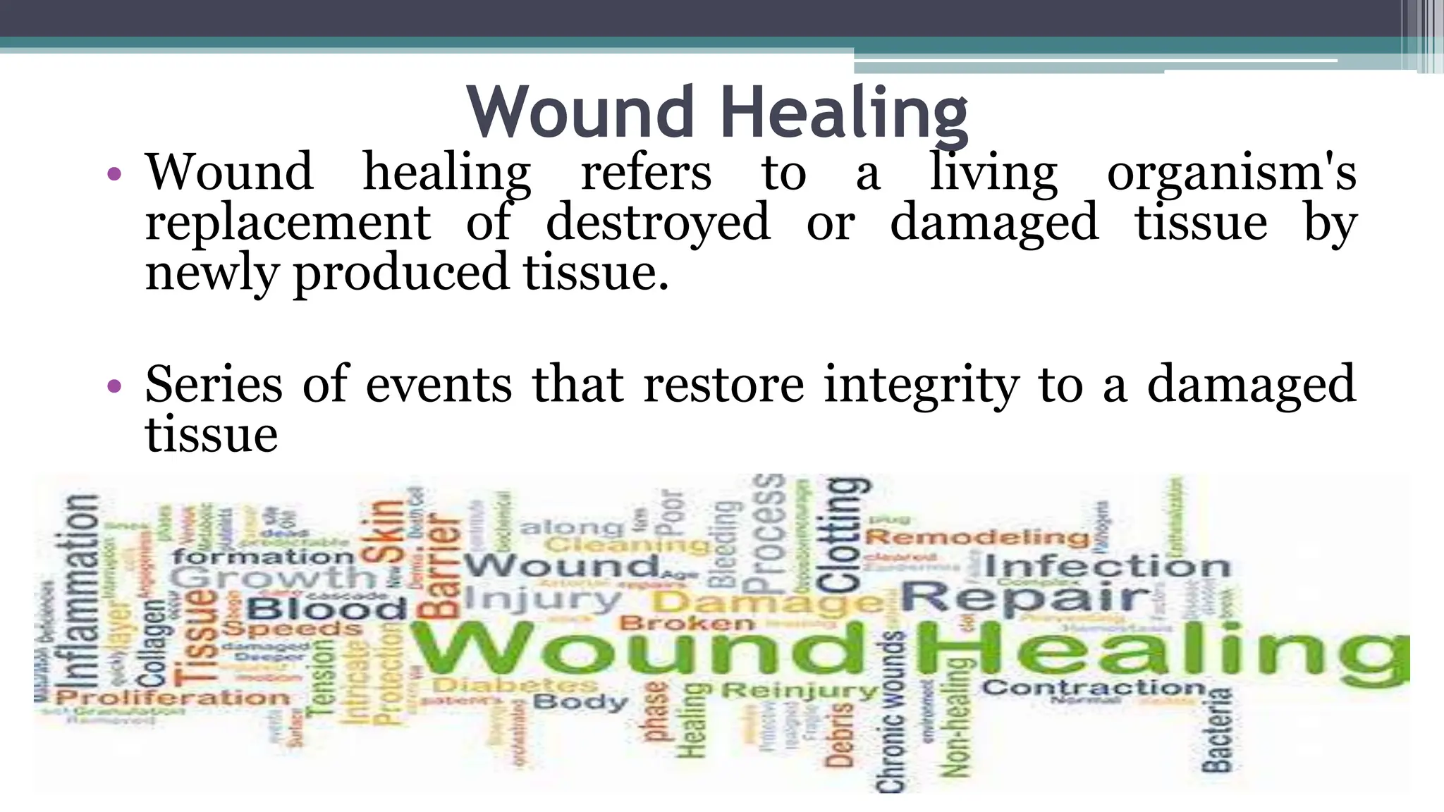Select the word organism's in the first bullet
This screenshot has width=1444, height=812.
(1231, 173)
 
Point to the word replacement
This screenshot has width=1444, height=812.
(288, 223)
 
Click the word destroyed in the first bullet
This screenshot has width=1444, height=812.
(658, 223)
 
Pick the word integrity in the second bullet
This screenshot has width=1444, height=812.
(922, 386)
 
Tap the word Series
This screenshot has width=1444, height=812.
(214, 386)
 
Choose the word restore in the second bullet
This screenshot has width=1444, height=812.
(723, 386)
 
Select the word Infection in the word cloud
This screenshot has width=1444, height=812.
(1107, 566)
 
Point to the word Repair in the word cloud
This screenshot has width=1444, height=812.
(1026, 598)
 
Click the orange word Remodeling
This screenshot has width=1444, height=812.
(977, 538)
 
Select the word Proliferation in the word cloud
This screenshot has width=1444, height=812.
(173, 698)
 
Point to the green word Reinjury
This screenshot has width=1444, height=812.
(800, 691)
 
